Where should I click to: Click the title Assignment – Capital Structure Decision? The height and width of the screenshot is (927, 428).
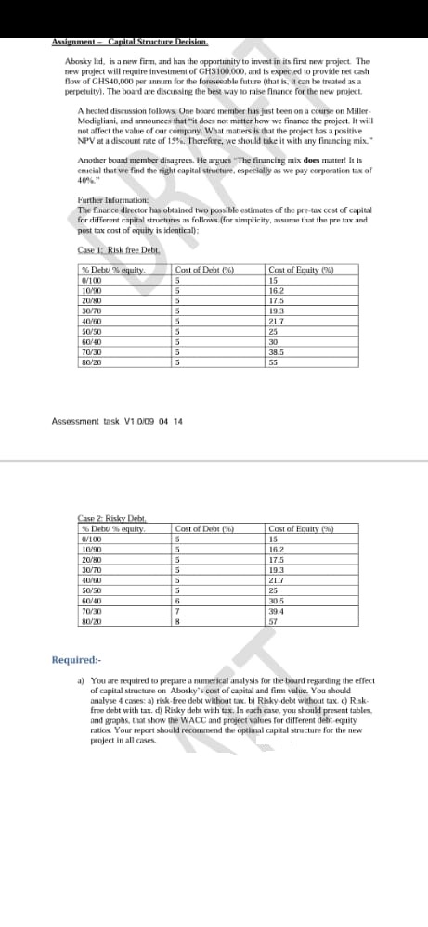coord(129,43)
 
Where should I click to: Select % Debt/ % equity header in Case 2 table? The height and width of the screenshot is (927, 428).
coord(109,527)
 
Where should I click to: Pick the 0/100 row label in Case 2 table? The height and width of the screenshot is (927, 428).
coord(91,538)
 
